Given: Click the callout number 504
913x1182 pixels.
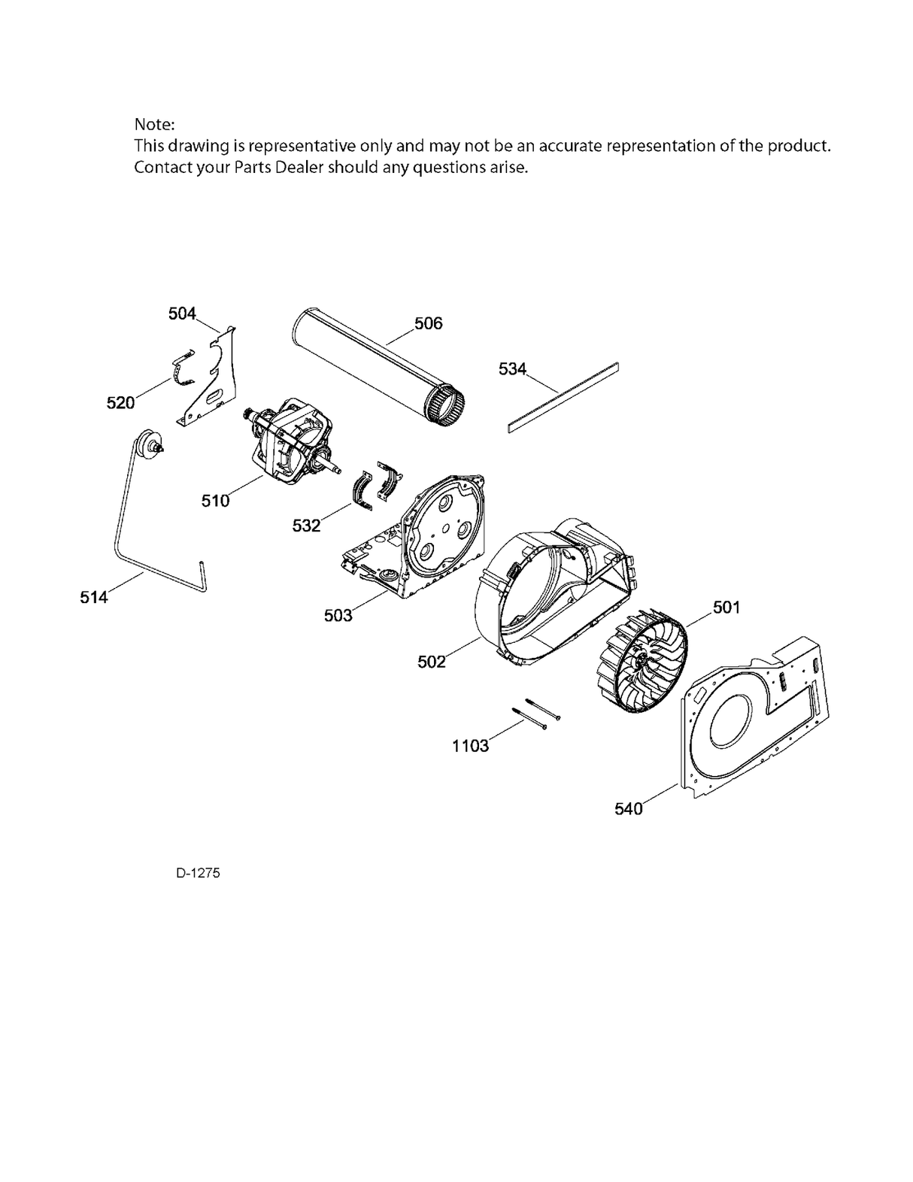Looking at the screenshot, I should pyautogui.click(x=182, y=314).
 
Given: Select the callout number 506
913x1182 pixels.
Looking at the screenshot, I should pyautogui.click(x=428, y=323).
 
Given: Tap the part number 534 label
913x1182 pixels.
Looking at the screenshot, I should pyautogui.click(x=512, y=369).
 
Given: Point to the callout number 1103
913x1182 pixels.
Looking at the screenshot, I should pyautogui.click(x=470, y=746).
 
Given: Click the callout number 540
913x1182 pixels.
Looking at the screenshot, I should pyautogui.click(x=629, y=809).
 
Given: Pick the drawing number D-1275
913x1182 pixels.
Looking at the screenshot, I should pyautogui.click(x=199, y=873).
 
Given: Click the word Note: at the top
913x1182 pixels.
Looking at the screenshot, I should pyautogui.click(x=154, y=124).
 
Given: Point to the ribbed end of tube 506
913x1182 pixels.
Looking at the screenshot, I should pyautogui.click(x=447, y=399).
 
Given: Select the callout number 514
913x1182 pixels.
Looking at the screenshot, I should pyautogui.click(x=94, y=597).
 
